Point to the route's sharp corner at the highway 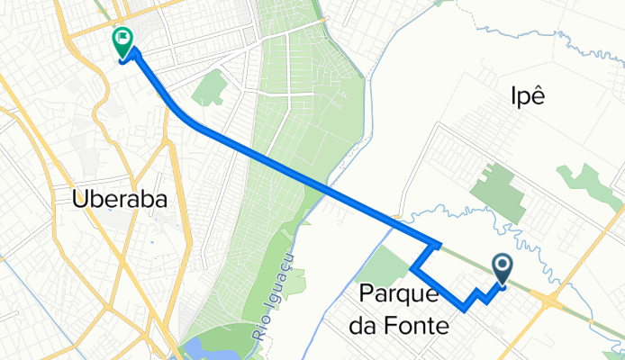pos(438,244)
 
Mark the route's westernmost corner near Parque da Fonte pos(412,268)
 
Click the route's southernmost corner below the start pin pos(464,308)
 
